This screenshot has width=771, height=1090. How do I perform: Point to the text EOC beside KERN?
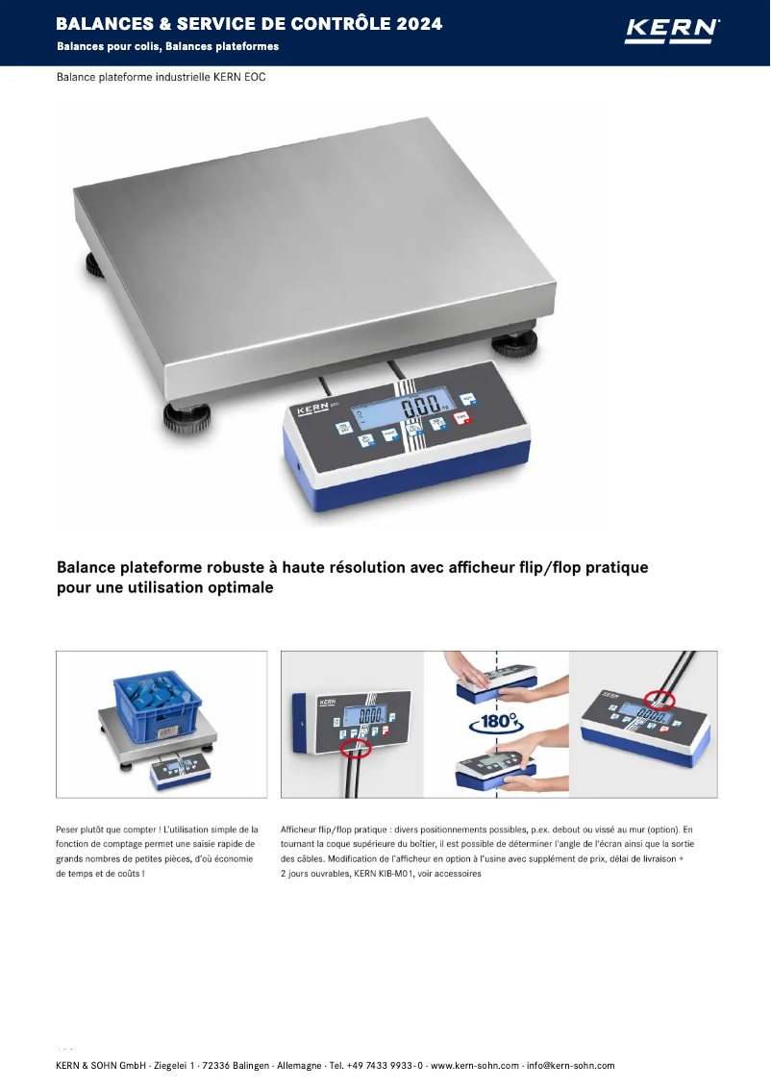(253, 77)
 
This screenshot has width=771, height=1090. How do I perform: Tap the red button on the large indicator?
(462, 418)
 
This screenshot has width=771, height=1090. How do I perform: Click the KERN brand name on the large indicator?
(313, 410)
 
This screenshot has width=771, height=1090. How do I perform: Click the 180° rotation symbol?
(496, 721)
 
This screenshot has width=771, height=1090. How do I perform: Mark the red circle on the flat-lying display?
(659, 701)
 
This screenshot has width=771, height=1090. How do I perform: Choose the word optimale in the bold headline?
(240, 587)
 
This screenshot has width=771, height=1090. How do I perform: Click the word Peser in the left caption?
(69, 829)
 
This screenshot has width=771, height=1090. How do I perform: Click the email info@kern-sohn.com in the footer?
(571, 1065)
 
